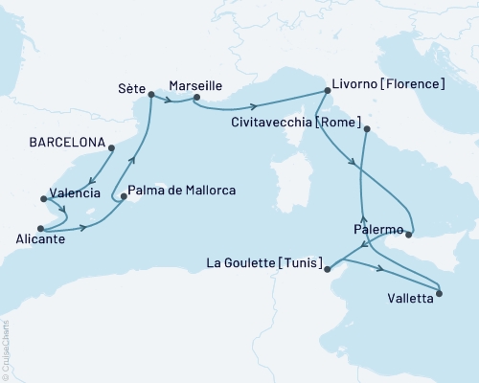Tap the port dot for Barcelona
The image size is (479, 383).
(x=111, y=147)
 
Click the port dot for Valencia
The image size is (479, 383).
(x=43, y=199)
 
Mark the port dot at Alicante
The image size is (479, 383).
(x=40, y=228)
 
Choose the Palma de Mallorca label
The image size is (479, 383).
(x=181, y=191)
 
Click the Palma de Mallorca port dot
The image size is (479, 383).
(x=123, y=198)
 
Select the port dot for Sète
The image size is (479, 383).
(x=150, y=94)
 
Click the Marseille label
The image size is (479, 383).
(x=196, y=83)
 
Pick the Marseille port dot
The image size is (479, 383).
(x=195, y=97)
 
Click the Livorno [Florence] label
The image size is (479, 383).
(x=387, y=83)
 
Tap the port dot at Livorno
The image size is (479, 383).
(x=327, y=91)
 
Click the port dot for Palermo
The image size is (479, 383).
(x=409, y=233)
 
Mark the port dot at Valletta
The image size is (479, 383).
(x=440, y=293)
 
